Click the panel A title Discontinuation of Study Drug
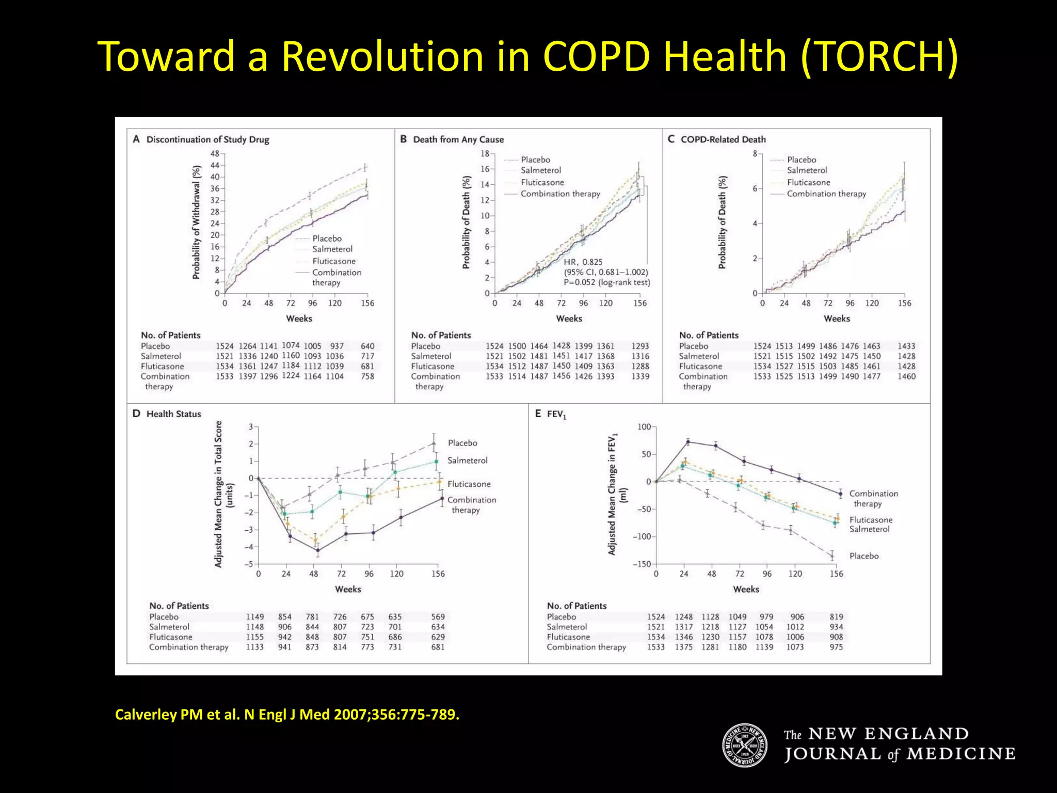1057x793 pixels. tap(207, 139)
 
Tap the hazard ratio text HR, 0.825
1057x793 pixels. tap(583, 262)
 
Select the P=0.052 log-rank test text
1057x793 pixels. tap(606, 282)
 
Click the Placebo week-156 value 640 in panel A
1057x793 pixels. tap(367, 346)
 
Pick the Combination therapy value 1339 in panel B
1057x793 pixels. tap(640, 376)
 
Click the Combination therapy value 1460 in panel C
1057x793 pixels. tap(906, 376)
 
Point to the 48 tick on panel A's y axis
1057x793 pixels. tap(215, 153)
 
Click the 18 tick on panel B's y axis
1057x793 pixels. tap(485, 153)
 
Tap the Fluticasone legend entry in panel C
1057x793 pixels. tap(808, 182)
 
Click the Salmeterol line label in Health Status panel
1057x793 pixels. tap(467, 461)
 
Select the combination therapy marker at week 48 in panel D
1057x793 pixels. tap(317, 550)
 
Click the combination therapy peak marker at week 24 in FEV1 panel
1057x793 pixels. tap(688, 441)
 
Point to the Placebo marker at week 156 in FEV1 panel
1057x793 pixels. tap(832, 556)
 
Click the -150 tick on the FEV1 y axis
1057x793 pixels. tap(642, 564)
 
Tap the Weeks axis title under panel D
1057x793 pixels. tap(348, 589)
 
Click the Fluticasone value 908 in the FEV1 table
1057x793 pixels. tap(836, 637)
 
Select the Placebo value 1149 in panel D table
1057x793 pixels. tap(254, 617)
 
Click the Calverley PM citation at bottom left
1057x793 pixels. tap(286, 715)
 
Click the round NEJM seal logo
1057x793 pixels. tap(744, 745)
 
